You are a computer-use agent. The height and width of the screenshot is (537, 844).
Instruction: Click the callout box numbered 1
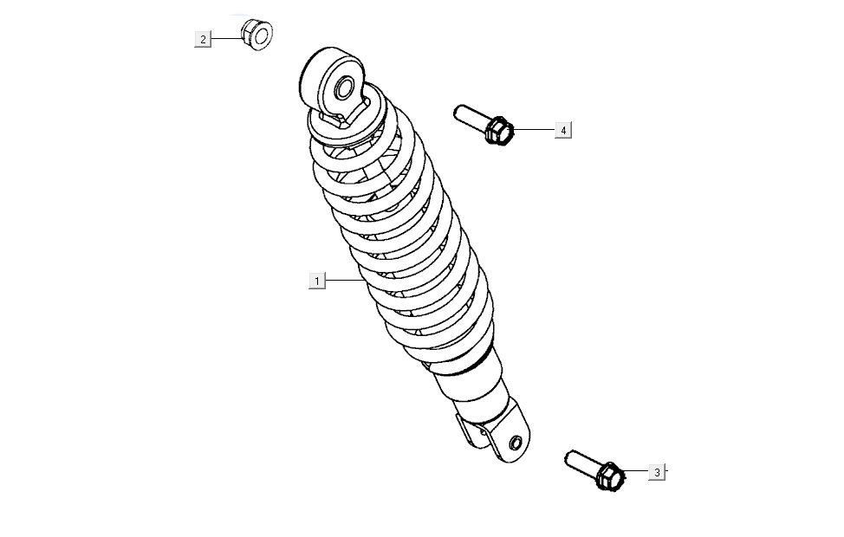[317, 281]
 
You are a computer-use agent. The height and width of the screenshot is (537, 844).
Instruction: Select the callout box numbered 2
[203, 39]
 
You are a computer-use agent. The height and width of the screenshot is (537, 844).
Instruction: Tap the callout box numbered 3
[657, 472]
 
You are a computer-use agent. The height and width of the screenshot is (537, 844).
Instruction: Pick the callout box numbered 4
[563, 130]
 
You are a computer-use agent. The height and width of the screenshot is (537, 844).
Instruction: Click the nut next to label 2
[256, 34]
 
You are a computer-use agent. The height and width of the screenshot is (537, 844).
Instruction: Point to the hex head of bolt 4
[498, 131]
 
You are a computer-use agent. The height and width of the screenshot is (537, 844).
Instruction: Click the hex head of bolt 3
[610, 476]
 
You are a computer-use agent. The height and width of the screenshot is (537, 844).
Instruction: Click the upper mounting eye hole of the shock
[345, 88]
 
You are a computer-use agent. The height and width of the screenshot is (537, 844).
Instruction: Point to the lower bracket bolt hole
[515, 443]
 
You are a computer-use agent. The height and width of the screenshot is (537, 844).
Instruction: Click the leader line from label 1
[345, 281]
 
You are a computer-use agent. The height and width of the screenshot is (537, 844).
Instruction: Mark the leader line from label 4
[535, 130]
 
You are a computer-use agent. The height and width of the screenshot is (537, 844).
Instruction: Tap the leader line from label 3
[636, 471]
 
